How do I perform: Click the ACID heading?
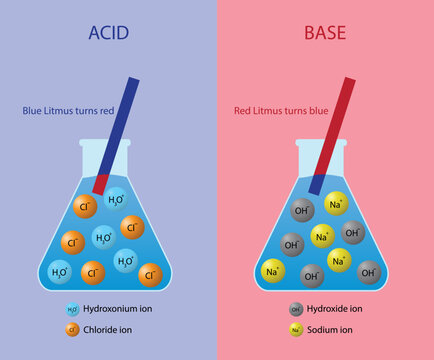tap(109, 34)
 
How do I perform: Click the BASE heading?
tap(324, 34)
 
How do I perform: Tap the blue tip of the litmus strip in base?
tap(316, 184)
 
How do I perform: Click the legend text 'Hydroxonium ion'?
tap(124, 310)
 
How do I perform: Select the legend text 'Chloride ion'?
tap(115, 328)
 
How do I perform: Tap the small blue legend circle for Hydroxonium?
tap(72, 310)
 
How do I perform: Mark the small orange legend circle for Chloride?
tap(72, 328)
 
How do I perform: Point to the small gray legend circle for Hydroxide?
tap(295, 310)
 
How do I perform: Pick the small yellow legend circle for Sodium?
tap(295, 328)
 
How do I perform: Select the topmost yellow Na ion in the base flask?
tap(336, 204)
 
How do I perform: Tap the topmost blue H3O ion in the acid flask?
tap(116, 200)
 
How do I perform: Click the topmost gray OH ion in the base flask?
tap(302, 211)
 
